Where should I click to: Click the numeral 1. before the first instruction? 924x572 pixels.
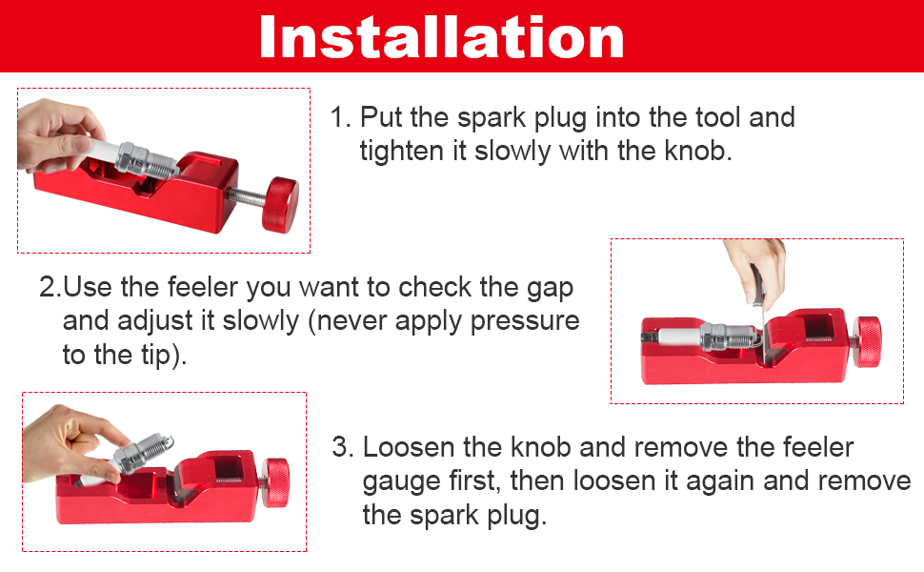(340, 119)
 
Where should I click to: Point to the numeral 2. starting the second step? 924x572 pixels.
(50, 287)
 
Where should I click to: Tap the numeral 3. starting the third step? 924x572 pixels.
(342, 447)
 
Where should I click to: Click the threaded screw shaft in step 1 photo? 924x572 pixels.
(248, 197)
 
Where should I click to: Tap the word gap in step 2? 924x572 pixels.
(549, 287)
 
